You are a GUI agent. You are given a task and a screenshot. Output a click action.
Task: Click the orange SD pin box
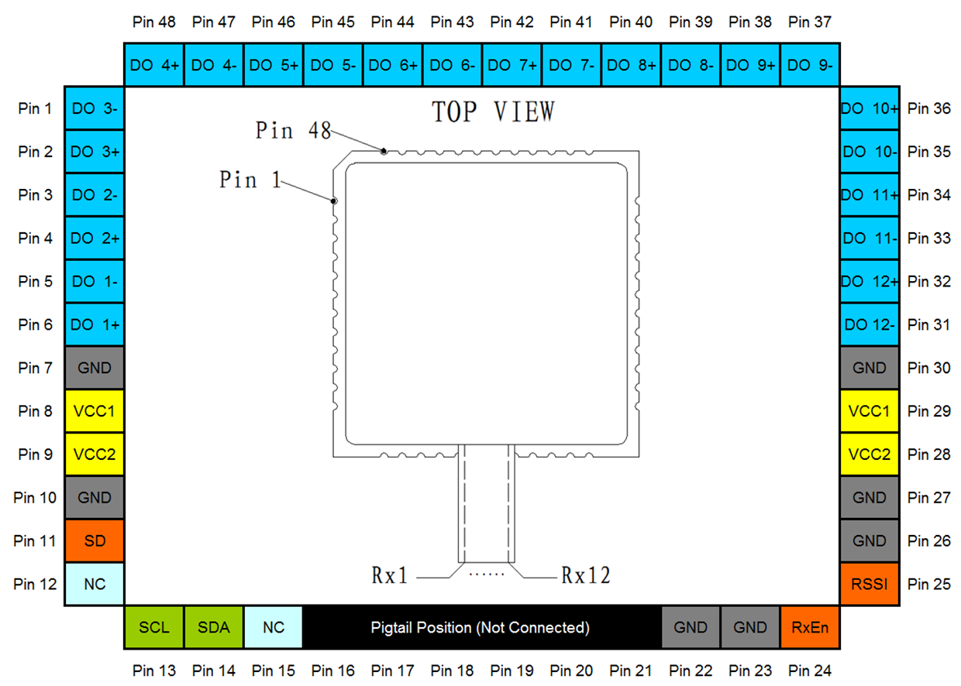[x=95, y=540]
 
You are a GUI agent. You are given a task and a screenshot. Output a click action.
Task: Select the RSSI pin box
[x=870, y=584]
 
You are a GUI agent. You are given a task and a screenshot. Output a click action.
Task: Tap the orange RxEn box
[x=810, y=627]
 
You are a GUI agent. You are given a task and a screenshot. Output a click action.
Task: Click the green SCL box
[x=154, y=627]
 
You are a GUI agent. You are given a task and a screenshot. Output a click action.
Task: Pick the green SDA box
[x=214, y=627]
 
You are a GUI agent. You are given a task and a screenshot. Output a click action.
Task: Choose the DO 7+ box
[x=511, y=65]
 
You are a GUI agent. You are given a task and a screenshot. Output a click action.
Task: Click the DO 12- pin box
[x=870, y=324]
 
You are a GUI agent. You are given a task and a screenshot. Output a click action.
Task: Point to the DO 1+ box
[x=95, y=324]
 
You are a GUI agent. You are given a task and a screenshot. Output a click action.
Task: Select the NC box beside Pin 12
[x=95, y=584]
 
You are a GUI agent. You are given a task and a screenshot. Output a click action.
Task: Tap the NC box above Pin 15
[x=274, y=627]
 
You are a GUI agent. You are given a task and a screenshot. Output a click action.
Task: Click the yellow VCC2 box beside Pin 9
[x=95, y=454]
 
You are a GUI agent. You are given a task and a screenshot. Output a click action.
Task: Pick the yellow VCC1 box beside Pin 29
[x=870, y=411]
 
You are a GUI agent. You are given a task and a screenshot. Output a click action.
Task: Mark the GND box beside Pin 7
[x=95, y=368]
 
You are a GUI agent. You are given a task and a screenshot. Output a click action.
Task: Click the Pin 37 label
[x=810, y=22]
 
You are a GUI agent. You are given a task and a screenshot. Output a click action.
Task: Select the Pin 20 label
[x=571, y=671]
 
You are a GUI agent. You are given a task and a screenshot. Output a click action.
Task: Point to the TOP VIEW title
[x=494, y=111]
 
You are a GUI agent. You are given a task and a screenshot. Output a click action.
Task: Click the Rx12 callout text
[x=586, y=575]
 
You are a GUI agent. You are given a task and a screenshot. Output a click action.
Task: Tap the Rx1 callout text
[x=390, y=575]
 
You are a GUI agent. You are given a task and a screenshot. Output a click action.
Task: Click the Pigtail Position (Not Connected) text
[x=480, y=628]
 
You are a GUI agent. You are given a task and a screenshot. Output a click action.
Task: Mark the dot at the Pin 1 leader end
[x=334, y=201]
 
